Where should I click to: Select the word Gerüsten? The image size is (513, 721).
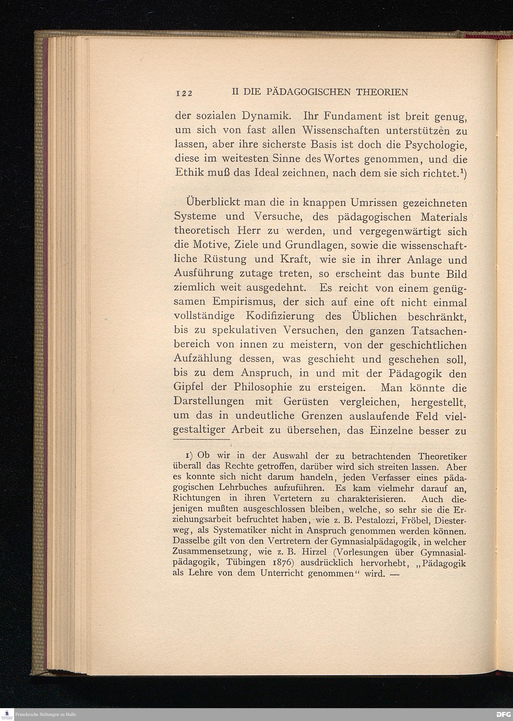click(x=305, y=401)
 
